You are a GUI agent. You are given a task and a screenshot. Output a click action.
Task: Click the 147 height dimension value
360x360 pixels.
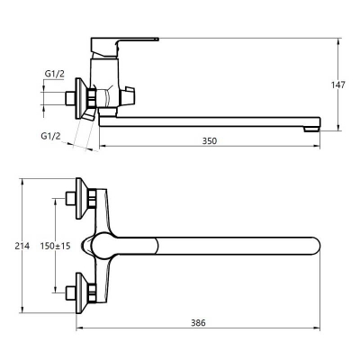click(x=338, y=85)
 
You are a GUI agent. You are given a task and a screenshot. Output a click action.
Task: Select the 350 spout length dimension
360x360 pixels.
click(x=209, y=140)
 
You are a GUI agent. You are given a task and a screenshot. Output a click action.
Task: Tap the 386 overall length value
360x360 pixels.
click(x=198, y=323)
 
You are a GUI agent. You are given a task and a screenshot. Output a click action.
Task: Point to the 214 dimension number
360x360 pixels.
click(x=22, y=246)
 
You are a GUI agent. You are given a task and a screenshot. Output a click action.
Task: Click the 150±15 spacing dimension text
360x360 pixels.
click(x=56, y=246)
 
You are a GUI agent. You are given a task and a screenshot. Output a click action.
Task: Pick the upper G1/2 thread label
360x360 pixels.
click(x=55, y=74)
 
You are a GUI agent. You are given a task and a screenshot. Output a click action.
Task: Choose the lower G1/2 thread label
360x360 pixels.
click(x=50, y=136)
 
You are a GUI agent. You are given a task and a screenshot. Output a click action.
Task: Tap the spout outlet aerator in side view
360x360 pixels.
click(x=310, y=129)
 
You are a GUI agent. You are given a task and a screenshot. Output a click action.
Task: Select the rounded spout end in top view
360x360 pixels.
click(x=316, y=246)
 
